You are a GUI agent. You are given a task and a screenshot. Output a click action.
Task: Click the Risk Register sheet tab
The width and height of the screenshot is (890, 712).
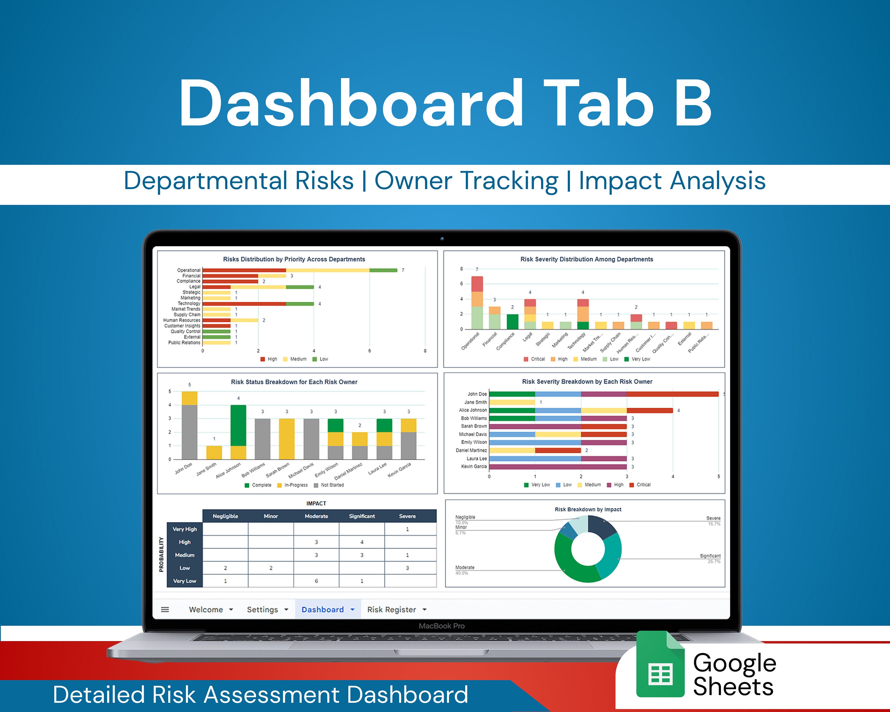pos(391,610)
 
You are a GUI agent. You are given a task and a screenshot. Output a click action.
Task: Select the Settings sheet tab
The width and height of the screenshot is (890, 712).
pos(262,610)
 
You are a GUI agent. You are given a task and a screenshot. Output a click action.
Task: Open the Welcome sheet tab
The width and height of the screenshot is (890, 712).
pos(206,610)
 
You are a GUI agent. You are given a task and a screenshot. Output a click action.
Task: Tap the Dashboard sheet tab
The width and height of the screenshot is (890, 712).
pos(322,610)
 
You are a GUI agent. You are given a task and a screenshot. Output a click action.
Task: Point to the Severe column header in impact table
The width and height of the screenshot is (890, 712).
pos(407,516)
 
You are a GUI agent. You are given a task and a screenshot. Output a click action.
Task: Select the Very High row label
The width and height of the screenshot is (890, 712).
pos(185,529)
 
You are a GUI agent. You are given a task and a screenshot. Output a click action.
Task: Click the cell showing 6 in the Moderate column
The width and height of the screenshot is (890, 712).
pos(316,581)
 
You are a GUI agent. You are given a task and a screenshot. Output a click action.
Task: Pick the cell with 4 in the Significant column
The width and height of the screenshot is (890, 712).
pos(362,542)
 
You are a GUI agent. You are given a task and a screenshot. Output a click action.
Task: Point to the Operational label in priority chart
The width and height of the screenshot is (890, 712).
pos(188,270)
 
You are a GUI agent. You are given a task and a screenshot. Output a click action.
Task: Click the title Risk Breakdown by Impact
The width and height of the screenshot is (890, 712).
pos(587,509)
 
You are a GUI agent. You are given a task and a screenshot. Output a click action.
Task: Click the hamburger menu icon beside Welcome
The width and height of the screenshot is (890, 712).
pos(165,610)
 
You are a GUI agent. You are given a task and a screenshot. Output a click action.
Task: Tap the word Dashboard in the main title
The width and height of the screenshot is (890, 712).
pos(351,103)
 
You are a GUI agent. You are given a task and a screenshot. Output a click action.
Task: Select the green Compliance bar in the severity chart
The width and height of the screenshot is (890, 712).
pos(512,322)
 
